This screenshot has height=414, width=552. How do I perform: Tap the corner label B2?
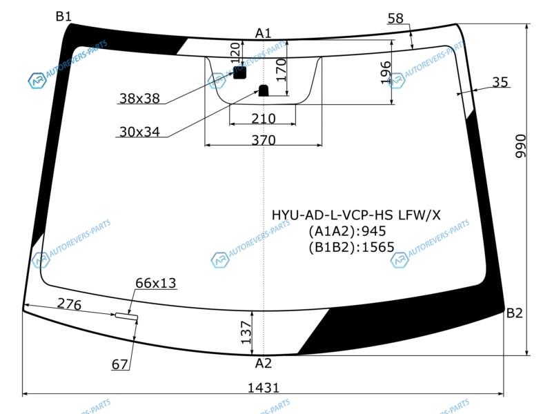coord(515,313)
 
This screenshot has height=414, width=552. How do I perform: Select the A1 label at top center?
coord(263,33)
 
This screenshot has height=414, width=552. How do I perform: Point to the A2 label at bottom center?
coord(264,363)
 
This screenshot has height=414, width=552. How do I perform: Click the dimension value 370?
coord(264,140)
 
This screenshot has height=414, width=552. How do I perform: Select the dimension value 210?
coord(263,119)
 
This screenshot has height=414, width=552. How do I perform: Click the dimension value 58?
coord(395,19)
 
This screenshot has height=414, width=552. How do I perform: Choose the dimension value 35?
coord(500,82)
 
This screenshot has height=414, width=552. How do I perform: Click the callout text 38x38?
coord(139,99)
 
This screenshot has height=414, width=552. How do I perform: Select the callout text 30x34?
coord(139,132)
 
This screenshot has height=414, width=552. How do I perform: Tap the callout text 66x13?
coord(156,283)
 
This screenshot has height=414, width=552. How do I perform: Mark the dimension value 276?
coord(69,304)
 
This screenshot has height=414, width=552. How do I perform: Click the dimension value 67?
coord(120,364)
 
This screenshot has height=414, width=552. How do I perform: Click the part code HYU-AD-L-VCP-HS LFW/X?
coord(355,215)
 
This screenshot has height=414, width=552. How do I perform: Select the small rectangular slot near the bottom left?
coord(126,316)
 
